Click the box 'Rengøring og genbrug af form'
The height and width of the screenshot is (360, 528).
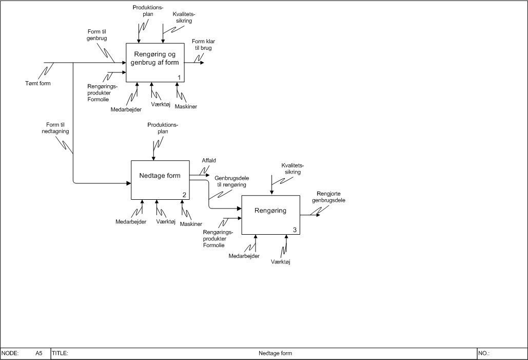[x=155, y=63]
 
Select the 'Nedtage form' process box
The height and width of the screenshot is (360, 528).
[x=160, y=180]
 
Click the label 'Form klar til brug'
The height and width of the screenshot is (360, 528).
[x=202, y=44]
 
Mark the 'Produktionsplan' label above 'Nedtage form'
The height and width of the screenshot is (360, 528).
[x=163, y=128]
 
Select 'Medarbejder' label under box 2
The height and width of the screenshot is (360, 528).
[x=131, y=222]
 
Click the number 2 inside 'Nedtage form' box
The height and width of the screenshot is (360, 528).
[x=184, y=195]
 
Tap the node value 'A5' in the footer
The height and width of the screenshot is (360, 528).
[x=39, y=353]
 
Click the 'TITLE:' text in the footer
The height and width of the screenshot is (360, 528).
[x=61, y=353]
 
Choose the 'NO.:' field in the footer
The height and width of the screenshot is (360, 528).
[x=484, y=353]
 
